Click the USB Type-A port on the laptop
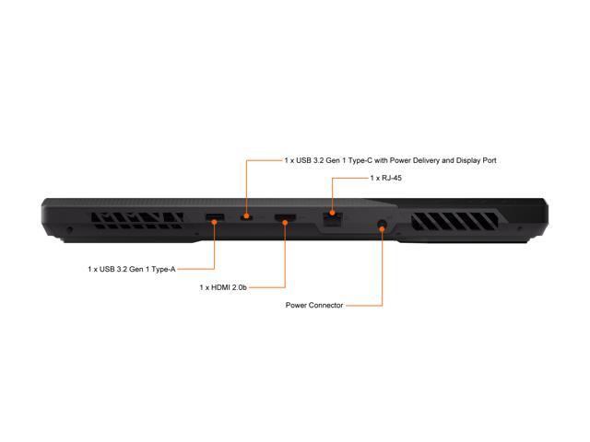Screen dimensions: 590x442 [x=214, y=218]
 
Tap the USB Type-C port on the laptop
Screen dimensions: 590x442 [x=246, y=218]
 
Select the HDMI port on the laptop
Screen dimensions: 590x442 [x=286, y=219]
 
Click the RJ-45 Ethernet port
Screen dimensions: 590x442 [x=332, y=219]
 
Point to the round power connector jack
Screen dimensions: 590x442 [x=382, y=222]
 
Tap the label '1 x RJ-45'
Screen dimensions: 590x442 [x=385, y=178]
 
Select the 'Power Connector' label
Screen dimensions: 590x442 [x=314, y=305]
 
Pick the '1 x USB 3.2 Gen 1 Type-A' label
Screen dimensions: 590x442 [x=131, y=269]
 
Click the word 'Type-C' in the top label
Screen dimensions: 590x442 [x=347, y=160]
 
